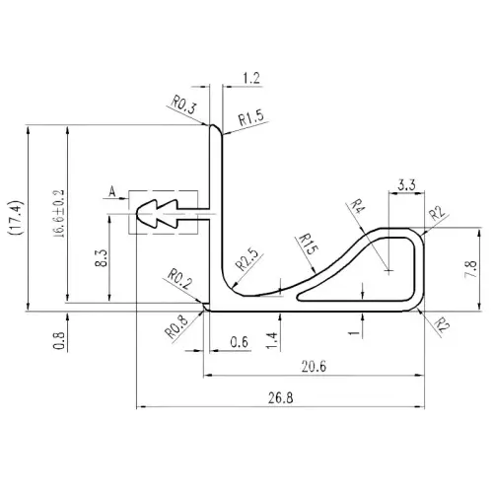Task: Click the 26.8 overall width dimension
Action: click(x=280, y=398)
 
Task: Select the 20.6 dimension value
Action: click(x=315, y=366)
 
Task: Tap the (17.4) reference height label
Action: click(x=16, y=217)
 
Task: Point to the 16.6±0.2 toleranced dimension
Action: click(x=58, y=214)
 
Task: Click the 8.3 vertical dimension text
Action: click(x=102, y=258)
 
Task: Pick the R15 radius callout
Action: click(x=307, y=245)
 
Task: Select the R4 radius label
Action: click(x=356, y=206)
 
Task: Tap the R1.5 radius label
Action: click(x=251, y=118)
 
